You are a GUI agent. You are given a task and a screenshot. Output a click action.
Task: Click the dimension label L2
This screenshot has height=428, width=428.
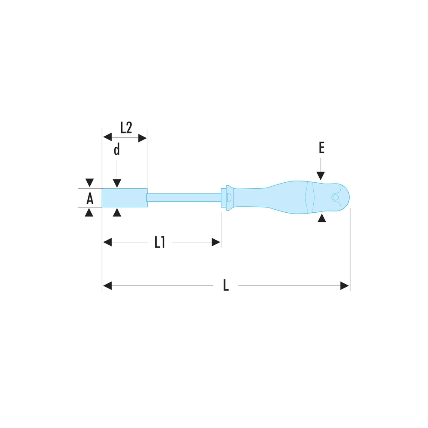(x=126, y=128)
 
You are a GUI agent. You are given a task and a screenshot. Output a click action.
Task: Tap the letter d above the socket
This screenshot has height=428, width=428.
(x=117, y=149)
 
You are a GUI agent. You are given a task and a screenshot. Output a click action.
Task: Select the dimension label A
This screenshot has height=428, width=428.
(x=90, y=198)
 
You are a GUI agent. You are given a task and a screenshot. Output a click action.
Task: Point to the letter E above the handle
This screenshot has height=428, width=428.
(x=321, y=148)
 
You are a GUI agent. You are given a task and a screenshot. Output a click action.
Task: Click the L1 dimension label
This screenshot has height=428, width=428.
(x=160, y=242)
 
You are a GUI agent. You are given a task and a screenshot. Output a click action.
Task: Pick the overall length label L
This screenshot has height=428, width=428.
(x=226, y=285)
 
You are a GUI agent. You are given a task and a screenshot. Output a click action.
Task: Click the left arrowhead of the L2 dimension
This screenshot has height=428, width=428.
(x=107, y=137)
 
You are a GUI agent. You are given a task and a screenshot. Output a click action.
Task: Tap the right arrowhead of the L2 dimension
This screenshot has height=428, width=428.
(x=143, y=138)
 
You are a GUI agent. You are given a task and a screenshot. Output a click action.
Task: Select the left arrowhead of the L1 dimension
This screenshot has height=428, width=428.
(x=107, y=242)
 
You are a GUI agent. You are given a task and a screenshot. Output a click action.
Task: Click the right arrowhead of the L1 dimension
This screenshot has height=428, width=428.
(x=216, y=242)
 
